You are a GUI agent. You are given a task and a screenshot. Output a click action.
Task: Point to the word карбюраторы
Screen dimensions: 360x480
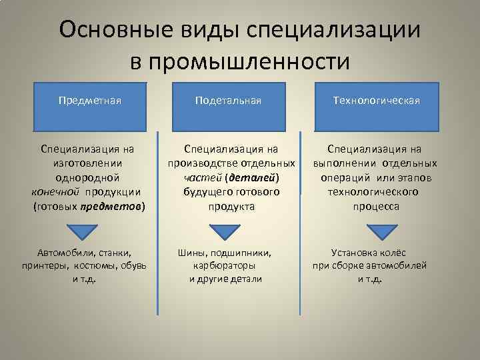tap(226, 265)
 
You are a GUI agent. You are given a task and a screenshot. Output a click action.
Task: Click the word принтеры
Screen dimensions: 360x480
tap(43, 265)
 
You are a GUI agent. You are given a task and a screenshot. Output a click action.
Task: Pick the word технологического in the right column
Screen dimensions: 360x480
tap(373, 192)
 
